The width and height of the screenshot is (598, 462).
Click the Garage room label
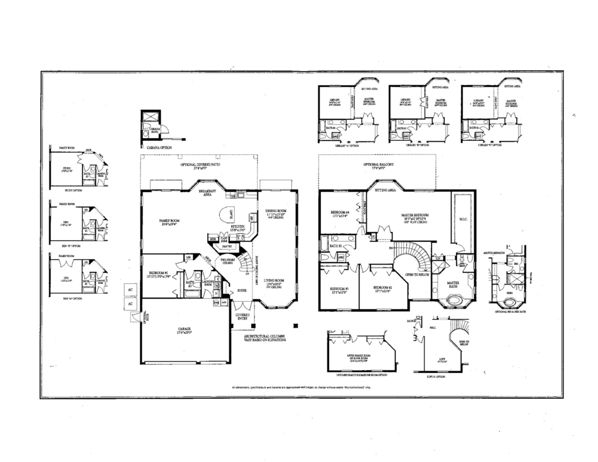click(x=184, y=330)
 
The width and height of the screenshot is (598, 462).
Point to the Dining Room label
click(x=276, y=212)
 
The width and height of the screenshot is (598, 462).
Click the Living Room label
click(x=274, y=282)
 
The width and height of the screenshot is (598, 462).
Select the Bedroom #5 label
click(x=158, y=274)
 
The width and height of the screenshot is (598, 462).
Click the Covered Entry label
click(x=242, y=317)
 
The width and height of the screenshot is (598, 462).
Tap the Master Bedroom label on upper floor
click(x=415, y=217)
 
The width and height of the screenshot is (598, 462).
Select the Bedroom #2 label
click(x=383, y=289)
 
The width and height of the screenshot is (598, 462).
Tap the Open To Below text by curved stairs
click(x=417, y=275)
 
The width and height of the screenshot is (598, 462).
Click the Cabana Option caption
click(x=159, y=148)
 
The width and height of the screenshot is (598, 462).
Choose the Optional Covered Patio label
click(x=200, y=166)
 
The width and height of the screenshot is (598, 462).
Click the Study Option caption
click(x=74, y=190)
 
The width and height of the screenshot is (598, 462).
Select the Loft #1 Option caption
click(x=436, y=377)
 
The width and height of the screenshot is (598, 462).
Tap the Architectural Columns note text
click(x=264, y=338)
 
